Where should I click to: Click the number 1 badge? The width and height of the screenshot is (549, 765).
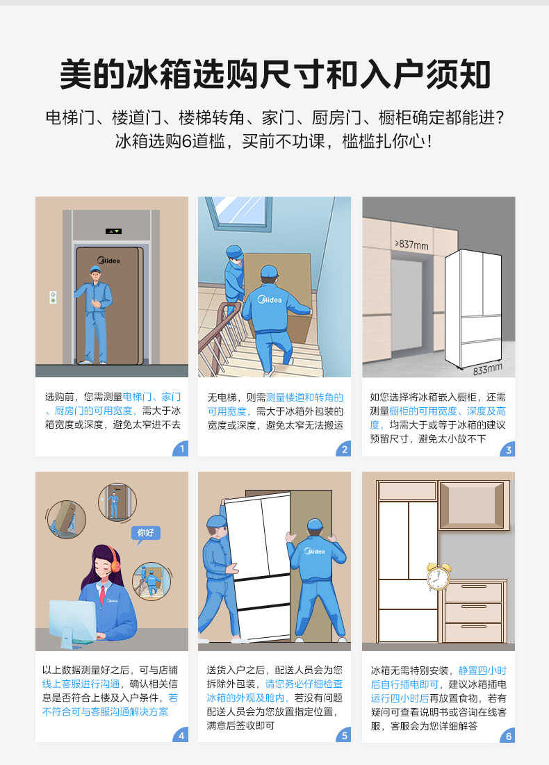pyautogui.click(x=181, y=449)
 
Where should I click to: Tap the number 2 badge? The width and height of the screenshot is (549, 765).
pyautogui.click(x=344, y=449)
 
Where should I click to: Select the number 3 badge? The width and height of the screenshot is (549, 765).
pyautogui.click(x=508, y=449)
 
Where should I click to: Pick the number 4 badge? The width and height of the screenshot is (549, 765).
pyautogui.click(x=181, y=735)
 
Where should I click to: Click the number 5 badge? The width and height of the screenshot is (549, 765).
pyautogui.click(x=344, y=735)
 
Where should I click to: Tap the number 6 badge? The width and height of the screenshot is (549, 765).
pyautogui.click(x=508, y=735)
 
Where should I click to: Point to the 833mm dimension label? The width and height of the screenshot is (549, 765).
pyautogui.click(x=487, y=368)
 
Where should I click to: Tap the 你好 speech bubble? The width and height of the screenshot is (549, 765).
pyautogui.click(x=145, y=533)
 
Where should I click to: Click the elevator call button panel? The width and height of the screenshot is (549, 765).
pyautogui.click(x=53, y=297)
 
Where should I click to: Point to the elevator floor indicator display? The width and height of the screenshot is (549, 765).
pyautogui.click(x=113, y=231)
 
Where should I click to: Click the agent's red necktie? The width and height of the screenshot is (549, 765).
pyautogui.click(x=102, y=595)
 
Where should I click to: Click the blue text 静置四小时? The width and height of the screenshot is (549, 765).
pyautogui.click(x=482, y=671)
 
